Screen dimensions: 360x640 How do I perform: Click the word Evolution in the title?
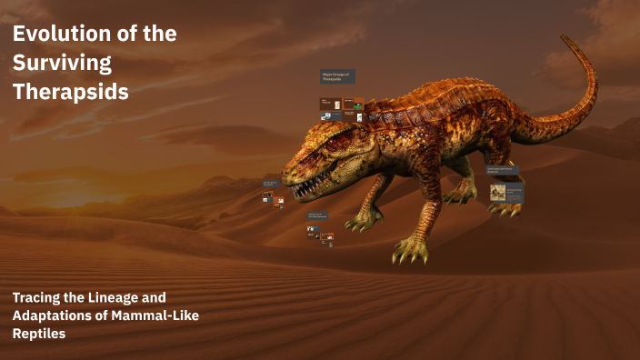pyautogui.click(x=60, y=35)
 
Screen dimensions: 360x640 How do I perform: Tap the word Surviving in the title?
pyautogui.click(x=61, y=63)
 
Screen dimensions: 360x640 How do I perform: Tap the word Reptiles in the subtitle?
pyautogui.click(x=40, y=334)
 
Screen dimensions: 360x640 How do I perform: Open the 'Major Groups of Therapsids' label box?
pyautogui.click(x=337, y=77)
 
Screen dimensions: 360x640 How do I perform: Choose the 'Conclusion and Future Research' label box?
pyautogui.click(x=503, y=170)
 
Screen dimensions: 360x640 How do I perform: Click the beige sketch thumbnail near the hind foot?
pyautogui.click(x=498, y=191)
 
